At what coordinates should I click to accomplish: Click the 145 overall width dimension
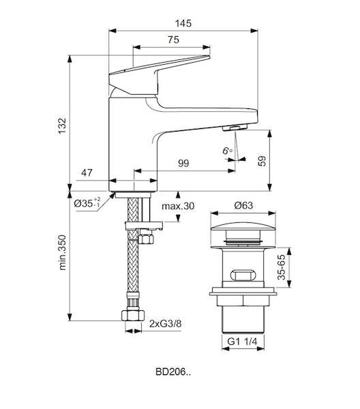[183, 23]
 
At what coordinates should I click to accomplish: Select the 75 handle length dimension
[173, 40]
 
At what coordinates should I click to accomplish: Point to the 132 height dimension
[62, 126]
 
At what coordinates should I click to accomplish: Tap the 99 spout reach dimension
[183, 164]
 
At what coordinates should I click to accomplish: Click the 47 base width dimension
[87, 172]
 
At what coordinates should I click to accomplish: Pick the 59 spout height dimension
[262, 161]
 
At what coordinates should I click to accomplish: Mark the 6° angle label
[227, 151]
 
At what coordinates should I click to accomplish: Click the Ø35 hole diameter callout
[87, 202]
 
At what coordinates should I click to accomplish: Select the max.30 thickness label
[178, 206]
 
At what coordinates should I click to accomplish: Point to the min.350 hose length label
[62, 252]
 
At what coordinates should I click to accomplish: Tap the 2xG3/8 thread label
[166, 324]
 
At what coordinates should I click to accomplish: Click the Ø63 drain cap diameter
[243, 206]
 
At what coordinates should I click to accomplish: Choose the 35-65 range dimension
[282, 267]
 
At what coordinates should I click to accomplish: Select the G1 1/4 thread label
[242, 342]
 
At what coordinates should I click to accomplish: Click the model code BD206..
[173, 372]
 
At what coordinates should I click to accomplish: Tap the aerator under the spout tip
[235, 128]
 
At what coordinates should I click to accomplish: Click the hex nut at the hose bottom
[133, 315]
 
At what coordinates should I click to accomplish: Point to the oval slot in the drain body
[243, 275]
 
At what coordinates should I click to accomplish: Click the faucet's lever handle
[159, 75]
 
